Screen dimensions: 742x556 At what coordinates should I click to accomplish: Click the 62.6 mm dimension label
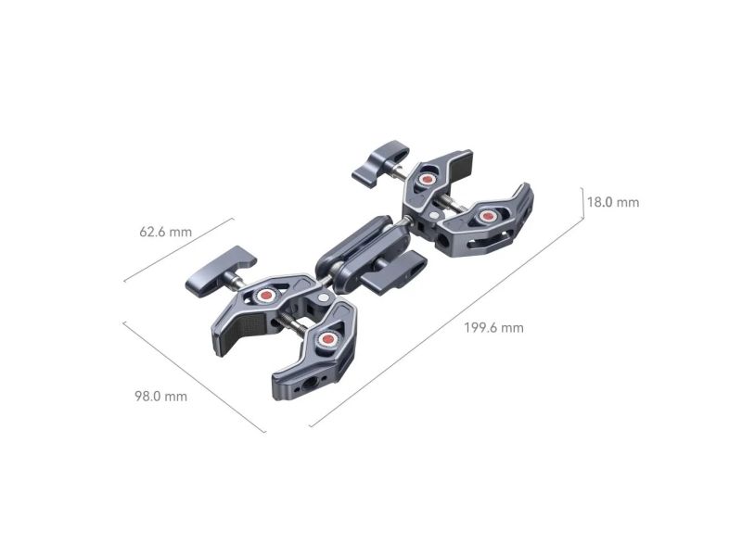(166, 232)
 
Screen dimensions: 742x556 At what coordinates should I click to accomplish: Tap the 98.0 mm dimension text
(160, 396)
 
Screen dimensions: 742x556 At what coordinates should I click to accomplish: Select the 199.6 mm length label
(494, 328)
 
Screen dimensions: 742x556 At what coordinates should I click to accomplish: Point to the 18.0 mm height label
(613, 202)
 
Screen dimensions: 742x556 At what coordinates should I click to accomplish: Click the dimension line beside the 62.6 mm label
(179, 249)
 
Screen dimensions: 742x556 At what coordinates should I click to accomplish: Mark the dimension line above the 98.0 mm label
(195, 377)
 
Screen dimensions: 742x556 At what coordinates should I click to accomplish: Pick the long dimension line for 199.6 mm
(446, 322)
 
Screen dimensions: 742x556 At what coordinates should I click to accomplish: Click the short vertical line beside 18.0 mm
(582, 203)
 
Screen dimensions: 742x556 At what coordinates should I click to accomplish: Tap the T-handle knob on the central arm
(393, 270)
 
